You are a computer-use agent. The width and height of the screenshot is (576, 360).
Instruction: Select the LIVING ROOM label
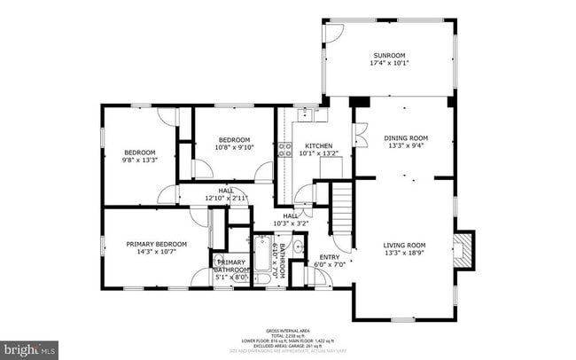(404, 245)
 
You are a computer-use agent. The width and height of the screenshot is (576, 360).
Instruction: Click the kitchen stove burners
(285, 149)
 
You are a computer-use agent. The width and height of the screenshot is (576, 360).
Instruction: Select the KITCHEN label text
(318, 145)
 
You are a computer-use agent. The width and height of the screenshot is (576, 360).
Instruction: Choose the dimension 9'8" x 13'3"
(139, 160)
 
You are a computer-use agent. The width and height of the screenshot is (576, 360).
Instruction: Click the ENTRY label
(328, 257)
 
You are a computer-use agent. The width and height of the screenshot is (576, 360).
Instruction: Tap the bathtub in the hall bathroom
(263, 259)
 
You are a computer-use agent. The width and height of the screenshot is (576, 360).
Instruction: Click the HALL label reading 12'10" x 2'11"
(226, 198)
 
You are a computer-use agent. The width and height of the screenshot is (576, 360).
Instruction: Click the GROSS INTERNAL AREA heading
(290, 328)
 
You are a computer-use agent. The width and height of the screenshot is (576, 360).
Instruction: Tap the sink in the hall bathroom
(297, 247)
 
